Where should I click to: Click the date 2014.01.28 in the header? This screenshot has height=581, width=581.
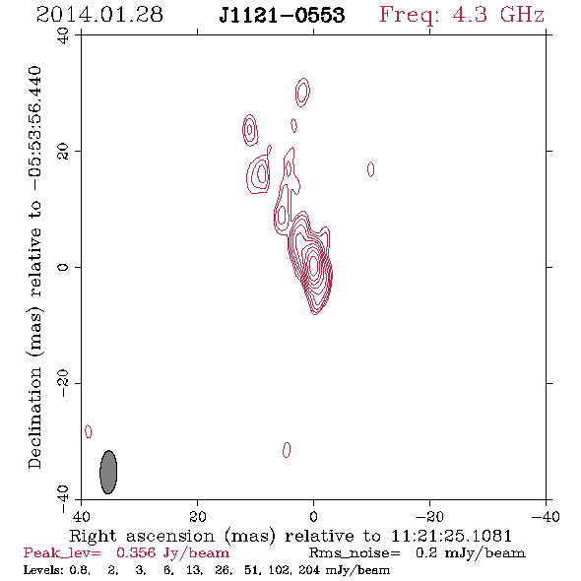click(99, 15)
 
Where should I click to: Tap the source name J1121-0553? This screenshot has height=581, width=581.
click(282, 15)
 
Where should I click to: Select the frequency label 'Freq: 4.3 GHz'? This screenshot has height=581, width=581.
click(462, 15)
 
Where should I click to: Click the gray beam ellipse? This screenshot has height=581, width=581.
click(108, 472)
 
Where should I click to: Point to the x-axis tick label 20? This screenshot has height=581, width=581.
click(197, 516)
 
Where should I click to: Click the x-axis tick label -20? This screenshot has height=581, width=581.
click(429, 516)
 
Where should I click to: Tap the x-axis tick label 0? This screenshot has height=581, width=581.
click(313, 516)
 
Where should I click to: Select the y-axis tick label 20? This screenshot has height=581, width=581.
click(63, 152)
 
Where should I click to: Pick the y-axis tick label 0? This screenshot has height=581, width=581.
click(63, 267)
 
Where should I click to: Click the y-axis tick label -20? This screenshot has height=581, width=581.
click(63, 383)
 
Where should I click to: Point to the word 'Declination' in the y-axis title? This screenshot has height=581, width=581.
click(34, 418)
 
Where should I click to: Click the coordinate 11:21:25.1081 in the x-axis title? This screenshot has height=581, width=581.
click(451, 536)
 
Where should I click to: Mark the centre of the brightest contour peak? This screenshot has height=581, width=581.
click(314, 265)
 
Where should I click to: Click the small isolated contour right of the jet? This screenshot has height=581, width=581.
click(370, 169)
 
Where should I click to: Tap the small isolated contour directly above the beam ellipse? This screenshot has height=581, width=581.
click(89, 431)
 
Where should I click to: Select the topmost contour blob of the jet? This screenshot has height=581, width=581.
click(302, 93)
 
